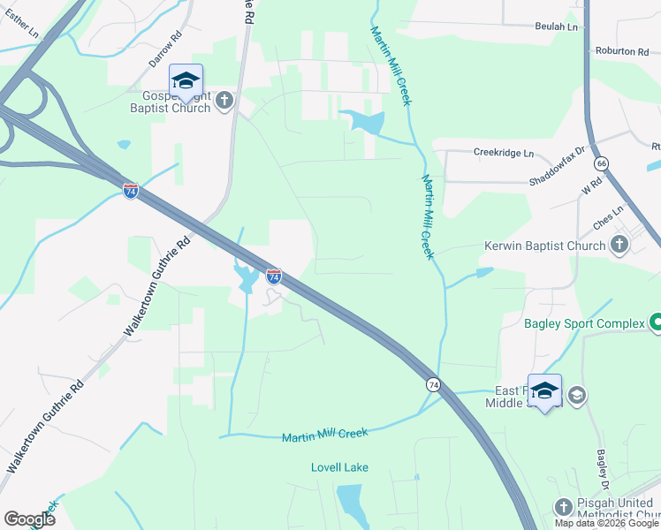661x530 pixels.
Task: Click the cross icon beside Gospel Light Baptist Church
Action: pyautogui.click(x=224, y=101)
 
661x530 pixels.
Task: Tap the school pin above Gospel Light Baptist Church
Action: pyautogui.click(x=186, y=80)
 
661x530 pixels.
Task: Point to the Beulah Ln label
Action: pyautogui.click(x=556, y=27)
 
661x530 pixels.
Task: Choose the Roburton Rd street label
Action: pyautogui.click(x=622, y=51)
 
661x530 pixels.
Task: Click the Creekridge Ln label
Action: pyautogui.click(x=504, y=153)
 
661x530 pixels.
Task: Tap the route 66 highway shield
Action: pyautogui.click(x=602, y=164)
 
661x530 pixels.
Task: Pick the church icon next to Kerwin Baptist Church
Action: pyautogui.click(x=619, y=246)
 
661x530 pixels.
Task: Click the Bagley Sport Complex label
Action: pyautogui.click(x=584, y=323)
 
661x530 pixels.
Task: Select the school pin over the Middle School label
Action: pyautogui.click(x=544, y=390)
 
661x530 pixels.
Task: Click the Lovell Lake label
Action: pyautogui.click(x=339, y=467)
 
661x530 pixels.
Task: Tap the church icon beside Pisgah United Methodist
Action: pyautogui.click(x=564, y=507)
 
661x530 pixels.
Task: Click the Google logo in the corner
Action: pyautogui.click(x=29, y=519)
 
